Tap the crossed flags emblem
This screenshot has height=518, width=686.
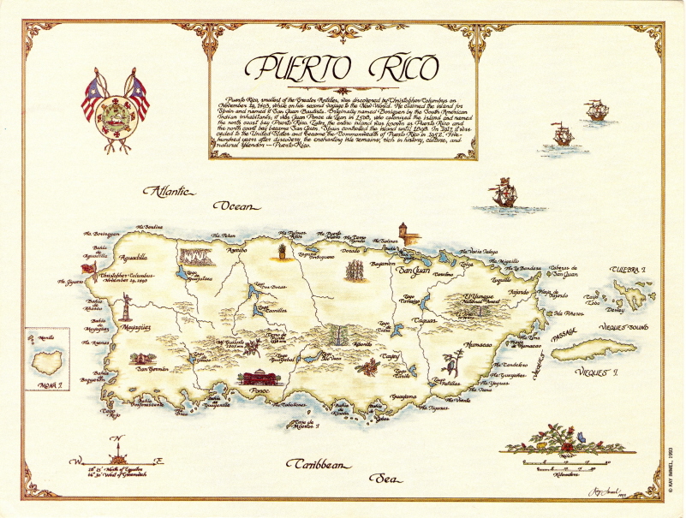coord(115,108)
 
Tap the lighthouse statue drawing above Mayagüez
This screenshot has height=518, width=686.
coord(126,307)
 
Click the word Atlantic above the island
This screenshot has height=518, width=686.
coord(170,191)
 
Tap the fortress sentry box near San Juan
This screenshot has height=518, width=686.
coord(403,231)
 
